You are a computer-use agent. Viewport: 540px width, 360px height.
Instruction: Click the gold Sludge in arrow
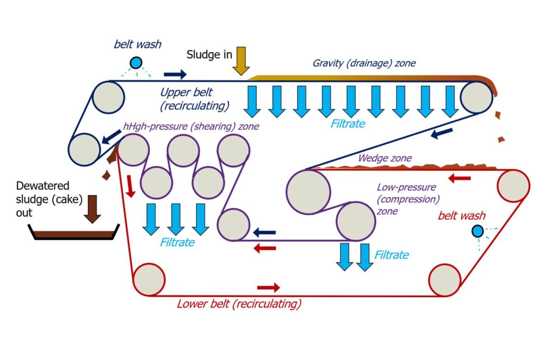241,60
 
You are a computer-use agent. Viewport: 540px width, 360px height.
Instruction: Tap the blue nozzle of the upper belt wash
136,63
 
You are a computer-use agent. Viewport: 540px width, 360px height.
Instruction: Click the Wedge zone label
384,158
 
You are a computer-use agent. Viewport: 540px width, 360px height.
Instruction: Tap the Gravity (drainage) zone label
364,63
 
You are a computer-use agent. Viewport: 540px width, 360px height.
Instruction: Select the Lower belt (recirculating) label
239,304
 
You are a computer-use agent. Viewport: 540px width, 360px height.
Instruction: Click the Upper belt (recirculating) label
194,99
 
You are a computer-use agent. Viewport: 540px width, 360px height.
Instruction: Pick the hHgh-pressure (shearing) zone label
191,126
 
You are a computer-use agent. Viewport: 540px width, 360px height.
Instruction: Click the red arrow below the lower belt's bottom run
268,288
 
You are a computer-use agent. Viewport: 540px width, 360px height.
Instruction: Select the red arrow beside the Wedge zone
460,178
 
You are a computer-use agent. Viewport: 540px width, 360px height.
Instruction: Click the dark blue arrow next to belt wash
175,74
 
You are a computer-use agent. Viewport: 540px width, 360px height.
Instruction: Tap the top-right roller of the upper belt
477,96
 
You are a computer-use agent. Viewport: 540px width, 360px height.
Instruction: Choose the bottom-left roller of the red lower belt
149,279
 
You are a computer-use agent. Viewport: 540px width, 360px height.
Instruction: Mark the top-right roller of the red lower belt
513,186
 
